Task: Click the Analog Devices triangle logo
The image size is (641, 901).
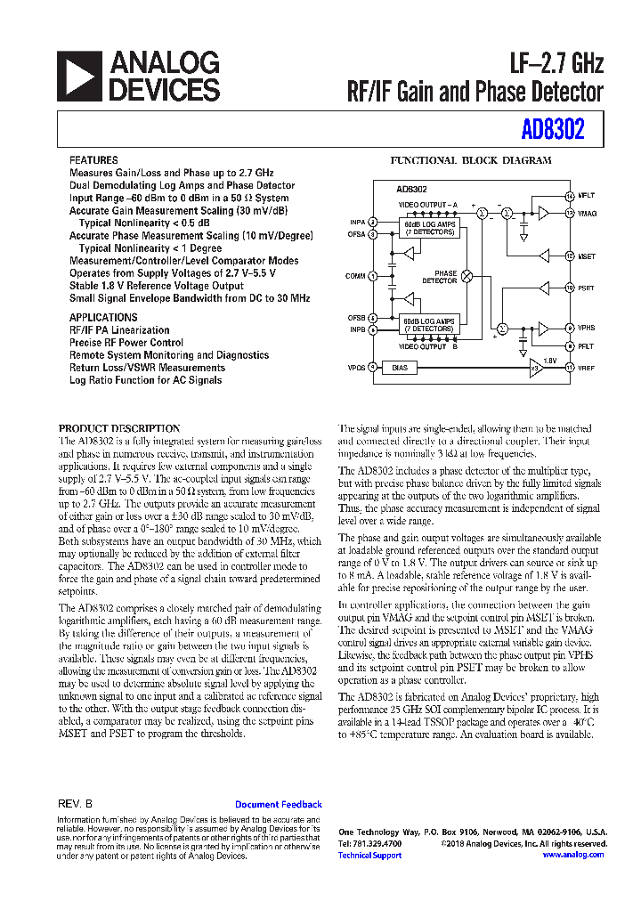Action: point(79,76)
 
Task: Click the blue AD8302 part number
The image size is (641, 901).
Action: point(553,131)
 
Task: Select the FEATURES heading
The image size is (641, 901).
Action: point(93,160)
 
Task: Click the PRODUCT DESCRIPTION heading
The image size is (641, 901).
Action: point(119,428)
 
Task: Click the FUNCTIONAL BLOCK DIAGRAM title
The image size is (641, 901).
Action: point(472,161)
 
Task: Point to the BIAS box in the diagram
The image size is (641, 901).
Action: point(399,367)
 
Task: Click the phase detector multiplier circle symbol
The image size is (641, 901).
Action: point(466,277)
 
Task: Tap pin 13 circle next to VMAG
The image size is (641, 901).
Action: point(570,213)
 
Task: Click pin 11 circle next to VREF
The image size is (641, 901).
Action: point(570,367)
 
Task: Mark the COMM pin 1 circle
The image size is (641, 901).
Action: point(373,276)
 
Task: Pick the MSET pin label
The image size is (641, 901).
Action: point(586,256)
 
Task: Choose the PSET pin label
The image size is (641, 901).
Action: point(586,288)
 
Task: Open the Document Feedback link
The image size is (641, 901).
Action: point(278,804)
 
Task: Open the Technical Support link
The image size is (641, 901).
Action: point(369,855)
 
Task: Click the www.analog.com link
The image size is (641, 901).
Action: point(573,855)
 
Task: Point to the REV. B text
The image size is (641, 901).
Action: point(75,804)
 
